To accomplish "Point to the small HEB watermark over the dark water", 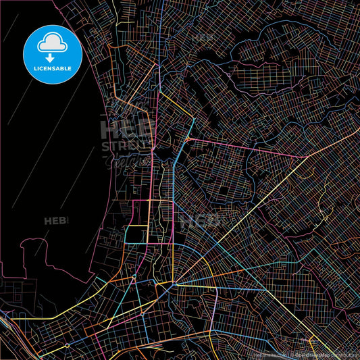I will (x=56, y=221).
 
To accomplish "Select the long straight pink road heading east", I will (x=243, y=147).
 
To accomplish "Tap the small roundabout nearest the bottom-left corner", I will (x=68, y=345).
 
